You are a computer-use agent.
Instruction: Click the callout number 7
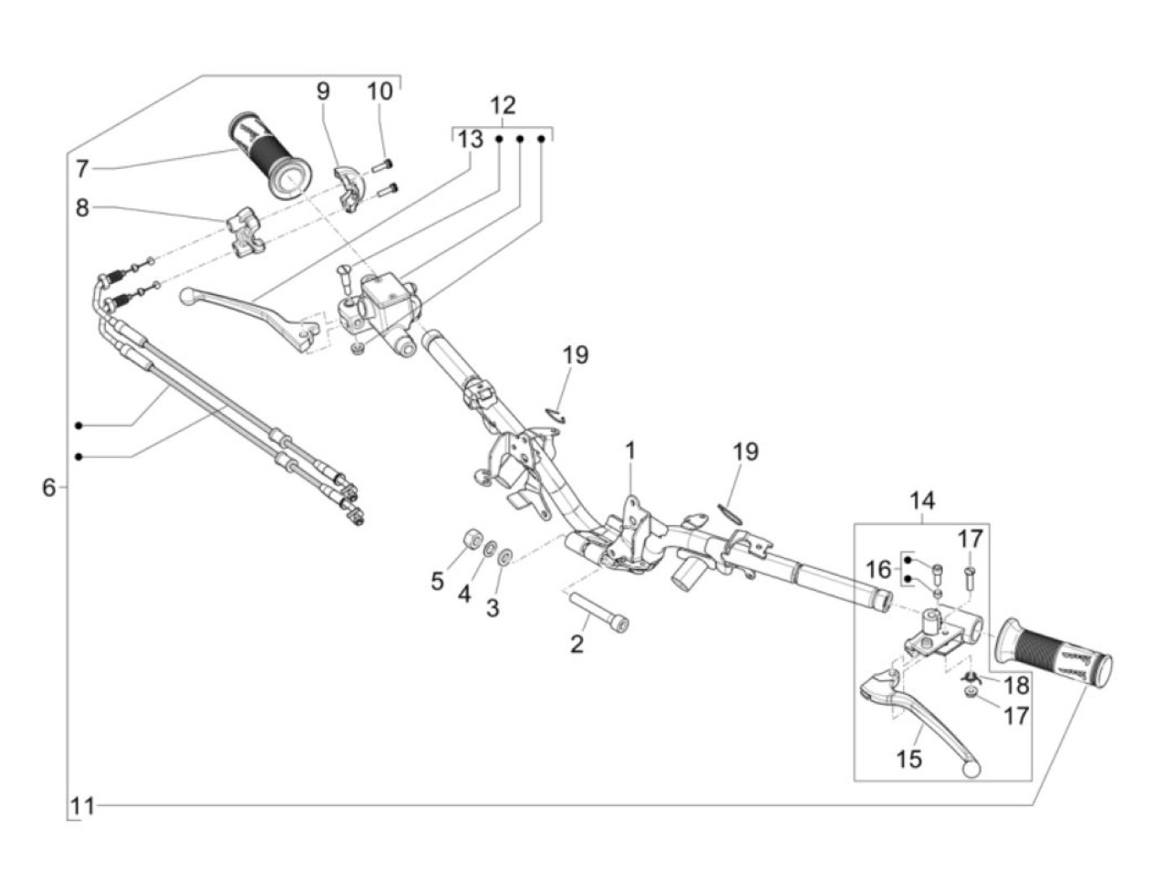(81, 169)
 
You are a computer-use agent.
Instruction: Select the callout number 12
(502, 106)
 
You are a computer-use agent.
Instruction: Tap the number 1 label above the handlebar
(630, 451)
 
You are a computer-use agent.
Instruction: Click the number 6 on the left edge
(50, 487)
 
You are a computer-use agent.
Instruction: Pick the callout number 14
(921, 501)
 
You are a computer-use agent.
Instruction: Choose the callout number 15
(909, 759)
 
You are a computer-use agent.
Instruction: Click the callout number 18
(1016, 686)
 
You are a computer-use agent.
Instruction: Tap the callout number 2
(576, 645)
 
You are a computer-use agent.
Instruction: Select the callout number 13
(470, 139)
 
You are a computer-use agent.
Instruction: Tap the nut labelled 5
(471, 538)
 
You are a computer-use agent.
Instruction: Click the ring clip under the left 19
(554, 413)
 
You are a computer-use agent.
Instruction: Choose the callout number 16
(878, 570)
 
